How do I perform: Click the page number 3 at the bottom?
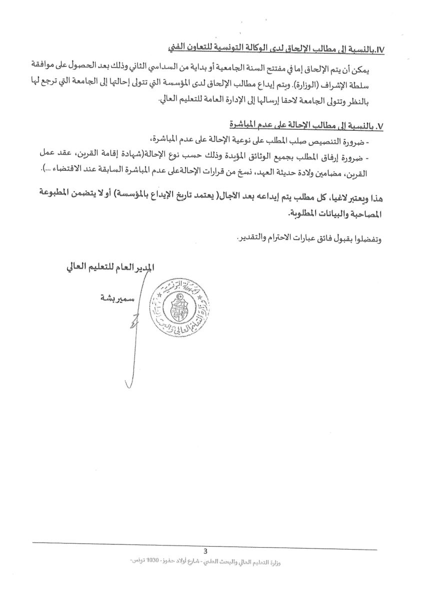[205, 551]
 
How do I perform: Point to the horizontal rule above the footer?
[205, 544]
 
